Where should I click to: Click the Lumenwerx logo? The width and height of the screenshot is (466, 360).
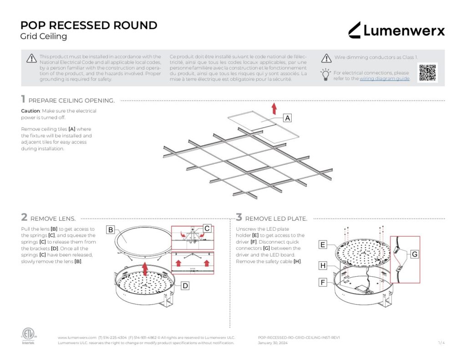point(396,30)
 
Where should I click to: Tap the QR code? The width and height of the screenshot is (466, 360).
point(427,73)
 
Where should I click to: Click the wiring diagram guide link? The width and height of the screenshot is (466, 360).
point(385,79)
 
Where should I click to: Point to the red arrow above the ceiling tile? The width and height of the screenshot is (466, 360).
point(274,108)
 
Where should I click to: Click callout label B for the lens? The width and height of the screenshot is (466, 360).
point(111,230)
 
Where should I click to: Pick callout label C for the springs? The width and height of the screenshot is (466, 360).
point(207,228)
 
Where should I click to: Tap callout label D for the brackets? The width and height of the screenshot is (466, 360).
point(185,286)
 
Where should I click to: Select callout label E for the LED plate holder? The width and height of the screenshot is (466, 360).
point(323,245)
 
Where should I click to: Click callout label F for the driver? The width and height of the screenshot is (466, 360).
point(323,282)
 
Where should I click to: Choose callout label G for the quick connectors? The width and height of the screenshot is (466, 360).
point(414,254)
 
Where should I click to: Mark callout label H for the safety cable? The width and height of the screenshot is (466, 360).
point(323,265)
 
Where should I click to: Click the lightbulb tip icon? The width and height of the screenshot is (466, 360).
point(325,74)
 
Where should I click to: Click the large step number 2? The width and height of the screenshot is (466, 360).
point(24,218)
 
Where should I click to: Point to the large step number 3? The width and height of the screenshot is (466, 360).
point(239,218)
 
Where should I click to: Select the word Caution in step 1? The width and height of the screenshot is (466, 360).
point(30,111)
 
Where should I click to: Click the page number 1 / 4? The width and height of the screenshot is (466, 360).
point(441,343)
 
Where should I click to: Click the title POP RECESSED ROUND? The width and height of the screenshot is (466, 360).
point(89,25)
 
